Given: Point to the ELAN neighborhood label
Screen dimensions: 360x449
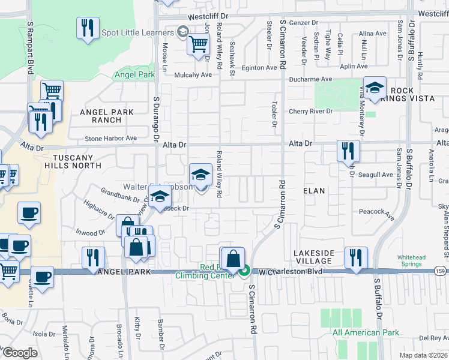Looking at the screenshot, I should coord(314,191).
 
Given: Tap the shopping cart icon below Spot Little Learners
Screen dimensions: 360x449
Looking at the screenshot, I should coord(198,44).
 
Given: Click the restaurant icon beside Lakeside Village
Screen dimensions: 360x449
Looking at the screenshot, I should coord(356,258).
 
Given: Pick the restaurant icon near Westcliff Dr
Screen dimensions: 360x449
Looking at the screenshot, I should coord(88,28).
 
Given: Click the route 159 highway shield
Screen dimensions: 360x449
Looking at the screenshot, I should coord(441,272).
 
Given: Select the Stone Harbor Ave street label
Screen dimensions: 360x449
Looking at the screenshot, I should coord(111,138).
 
